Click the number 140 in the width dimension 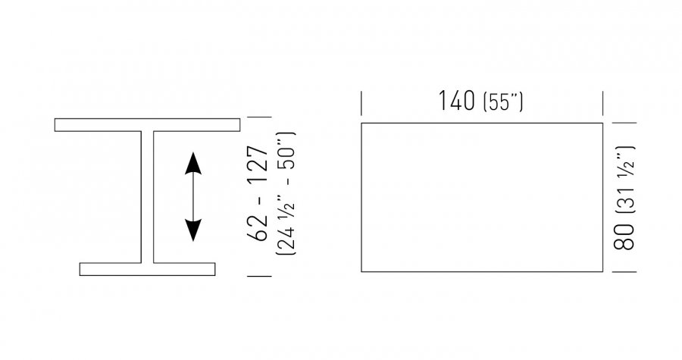pyautogui.click(x=456, y=101)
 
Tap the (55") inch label pyautogui.click(x=503, y=102)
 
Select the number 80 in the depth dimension pyautogui.click(x=624, y=237)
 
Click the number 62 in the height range pyautogui.click(x=257, y=227)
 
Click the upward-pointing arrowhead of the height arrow pyautogui.click(x=193, y=164)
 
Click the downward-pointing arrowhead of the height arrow pyautogui.click(x=193, y=230)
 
